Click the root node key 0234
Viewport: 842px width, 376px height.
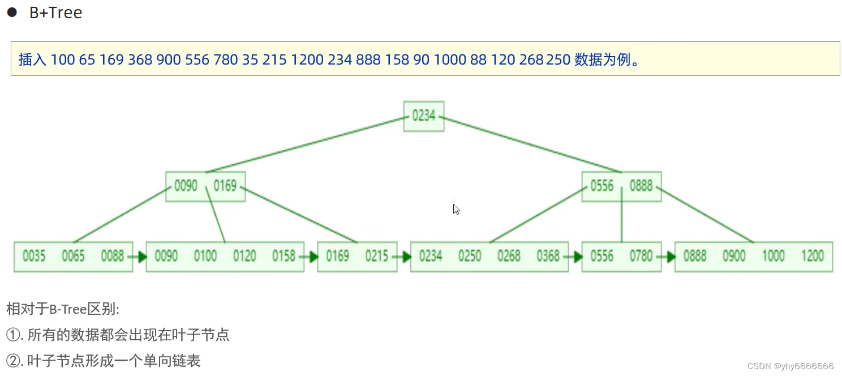tap(423, 116)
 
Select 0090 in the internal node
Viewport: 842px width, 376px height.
tap(186, 186)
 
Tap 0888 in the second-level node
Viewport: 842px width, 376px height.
tap(641, 186)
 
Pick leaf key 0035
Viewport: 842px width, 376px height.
tap(34, 257)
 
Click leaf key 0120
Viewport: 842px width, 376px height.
tap(244, 257)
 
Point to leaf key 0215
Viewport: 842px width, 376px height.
tap(376, 257)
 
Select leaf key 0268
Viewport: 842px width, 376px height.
tap(509, 257)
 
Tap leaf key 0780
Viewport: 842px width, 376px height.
tap(641, 257)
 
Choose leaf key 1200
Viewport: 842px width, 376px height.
tap(812, 257)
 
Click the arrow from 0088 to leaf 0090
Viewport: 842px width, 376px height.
tap(139, 257)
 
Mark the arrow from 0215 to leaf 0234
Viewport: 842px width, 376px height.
tap(403, 257)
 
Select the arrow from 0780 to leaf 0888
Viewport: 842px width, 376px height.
tap(668, 257)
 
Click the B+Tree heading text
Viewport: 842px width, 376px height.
tap(55, 12)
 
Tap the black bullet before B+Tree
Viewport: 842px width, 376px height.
tap(11, 12)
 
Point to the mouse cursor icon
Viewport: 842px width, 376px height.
tap(456, 209)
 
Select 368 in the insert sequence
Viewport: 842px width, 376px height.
tap(140, 59)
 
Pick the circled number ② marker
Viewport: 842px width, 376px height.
tap(12, 361)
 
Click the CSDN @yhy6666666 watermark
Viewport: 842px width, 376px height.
tap(791, 366)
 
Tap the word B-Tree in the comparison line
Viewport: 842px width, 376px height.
tap(67, 309)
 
